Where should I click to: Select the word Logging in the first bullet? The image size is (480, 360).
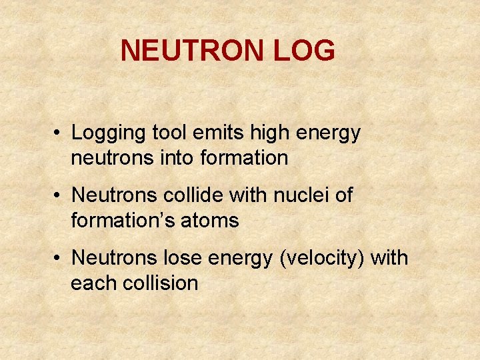[x=108, y=133]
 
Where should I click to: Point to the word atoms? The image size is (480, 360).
[x=211, y=221]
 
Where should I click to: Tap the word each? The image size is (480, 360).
[x=94, y=283]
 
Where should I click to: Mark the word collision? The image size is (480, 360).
[x=161, y=283]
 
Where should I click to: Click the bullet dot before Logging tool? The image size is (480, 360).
[x=59, y=133]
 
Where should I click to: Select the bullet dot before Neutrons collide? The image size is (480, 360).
[x=59, y=196]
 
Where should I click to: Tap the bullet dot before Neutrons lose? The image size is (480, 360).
[x=59, y=258]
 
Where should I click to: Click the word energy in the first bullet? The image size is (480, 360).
[x=331, y=133]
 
